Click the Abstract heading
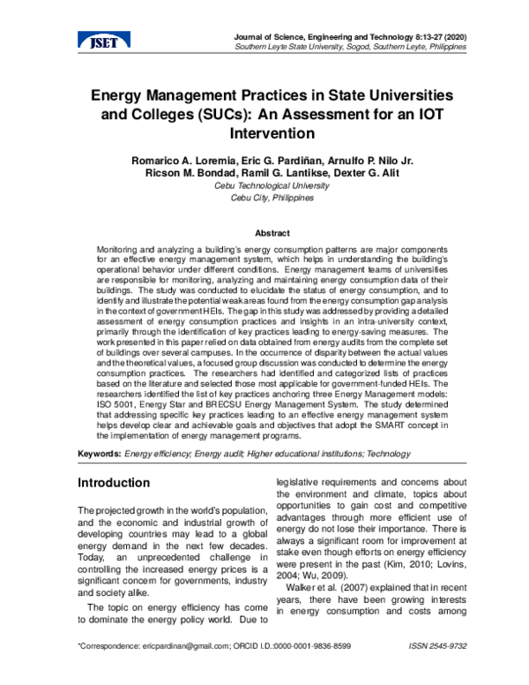tap(272, 233)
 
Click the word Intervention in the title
tap(272, 133)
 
